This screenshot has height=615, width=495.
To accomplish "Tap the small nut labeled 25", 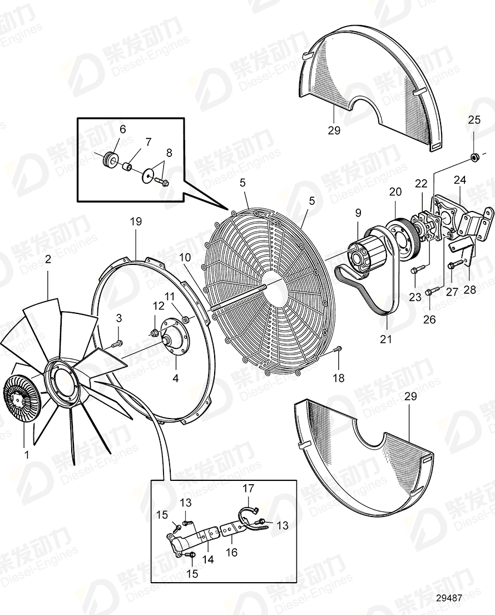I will pyautogui.click(x=474, y=158).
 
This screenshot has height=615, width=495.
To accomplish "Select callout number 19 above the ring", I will pyautogui.click(x=136, y=222).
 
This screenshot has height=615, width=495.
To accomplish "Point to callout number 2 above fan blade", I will pyautogui.click(x=48, y=259).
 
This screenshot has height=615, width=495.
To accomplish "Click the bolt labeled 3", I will pyautogui.click(x=117, y=345).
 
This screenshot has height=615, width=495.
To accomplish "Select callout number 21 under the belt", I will pyautogui.click(x=386, y=339).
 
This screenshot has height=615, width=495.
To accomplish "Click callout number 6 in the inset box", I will pyautogui.click(x=123, y=130).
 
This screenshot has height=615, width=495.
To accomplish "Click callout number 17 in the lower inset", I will pyautogui.click(x=247, y=489).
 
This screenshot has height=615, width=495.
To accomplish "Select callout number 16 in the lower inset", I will pyautogui.click(x=231, y=552).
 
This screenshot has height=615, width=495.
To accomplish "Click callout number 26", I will pyautogui.click(x=430, y=319).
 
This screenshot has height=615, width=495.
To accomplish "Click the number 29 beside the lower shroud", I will pyautogui.click(x=410, y=397).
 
